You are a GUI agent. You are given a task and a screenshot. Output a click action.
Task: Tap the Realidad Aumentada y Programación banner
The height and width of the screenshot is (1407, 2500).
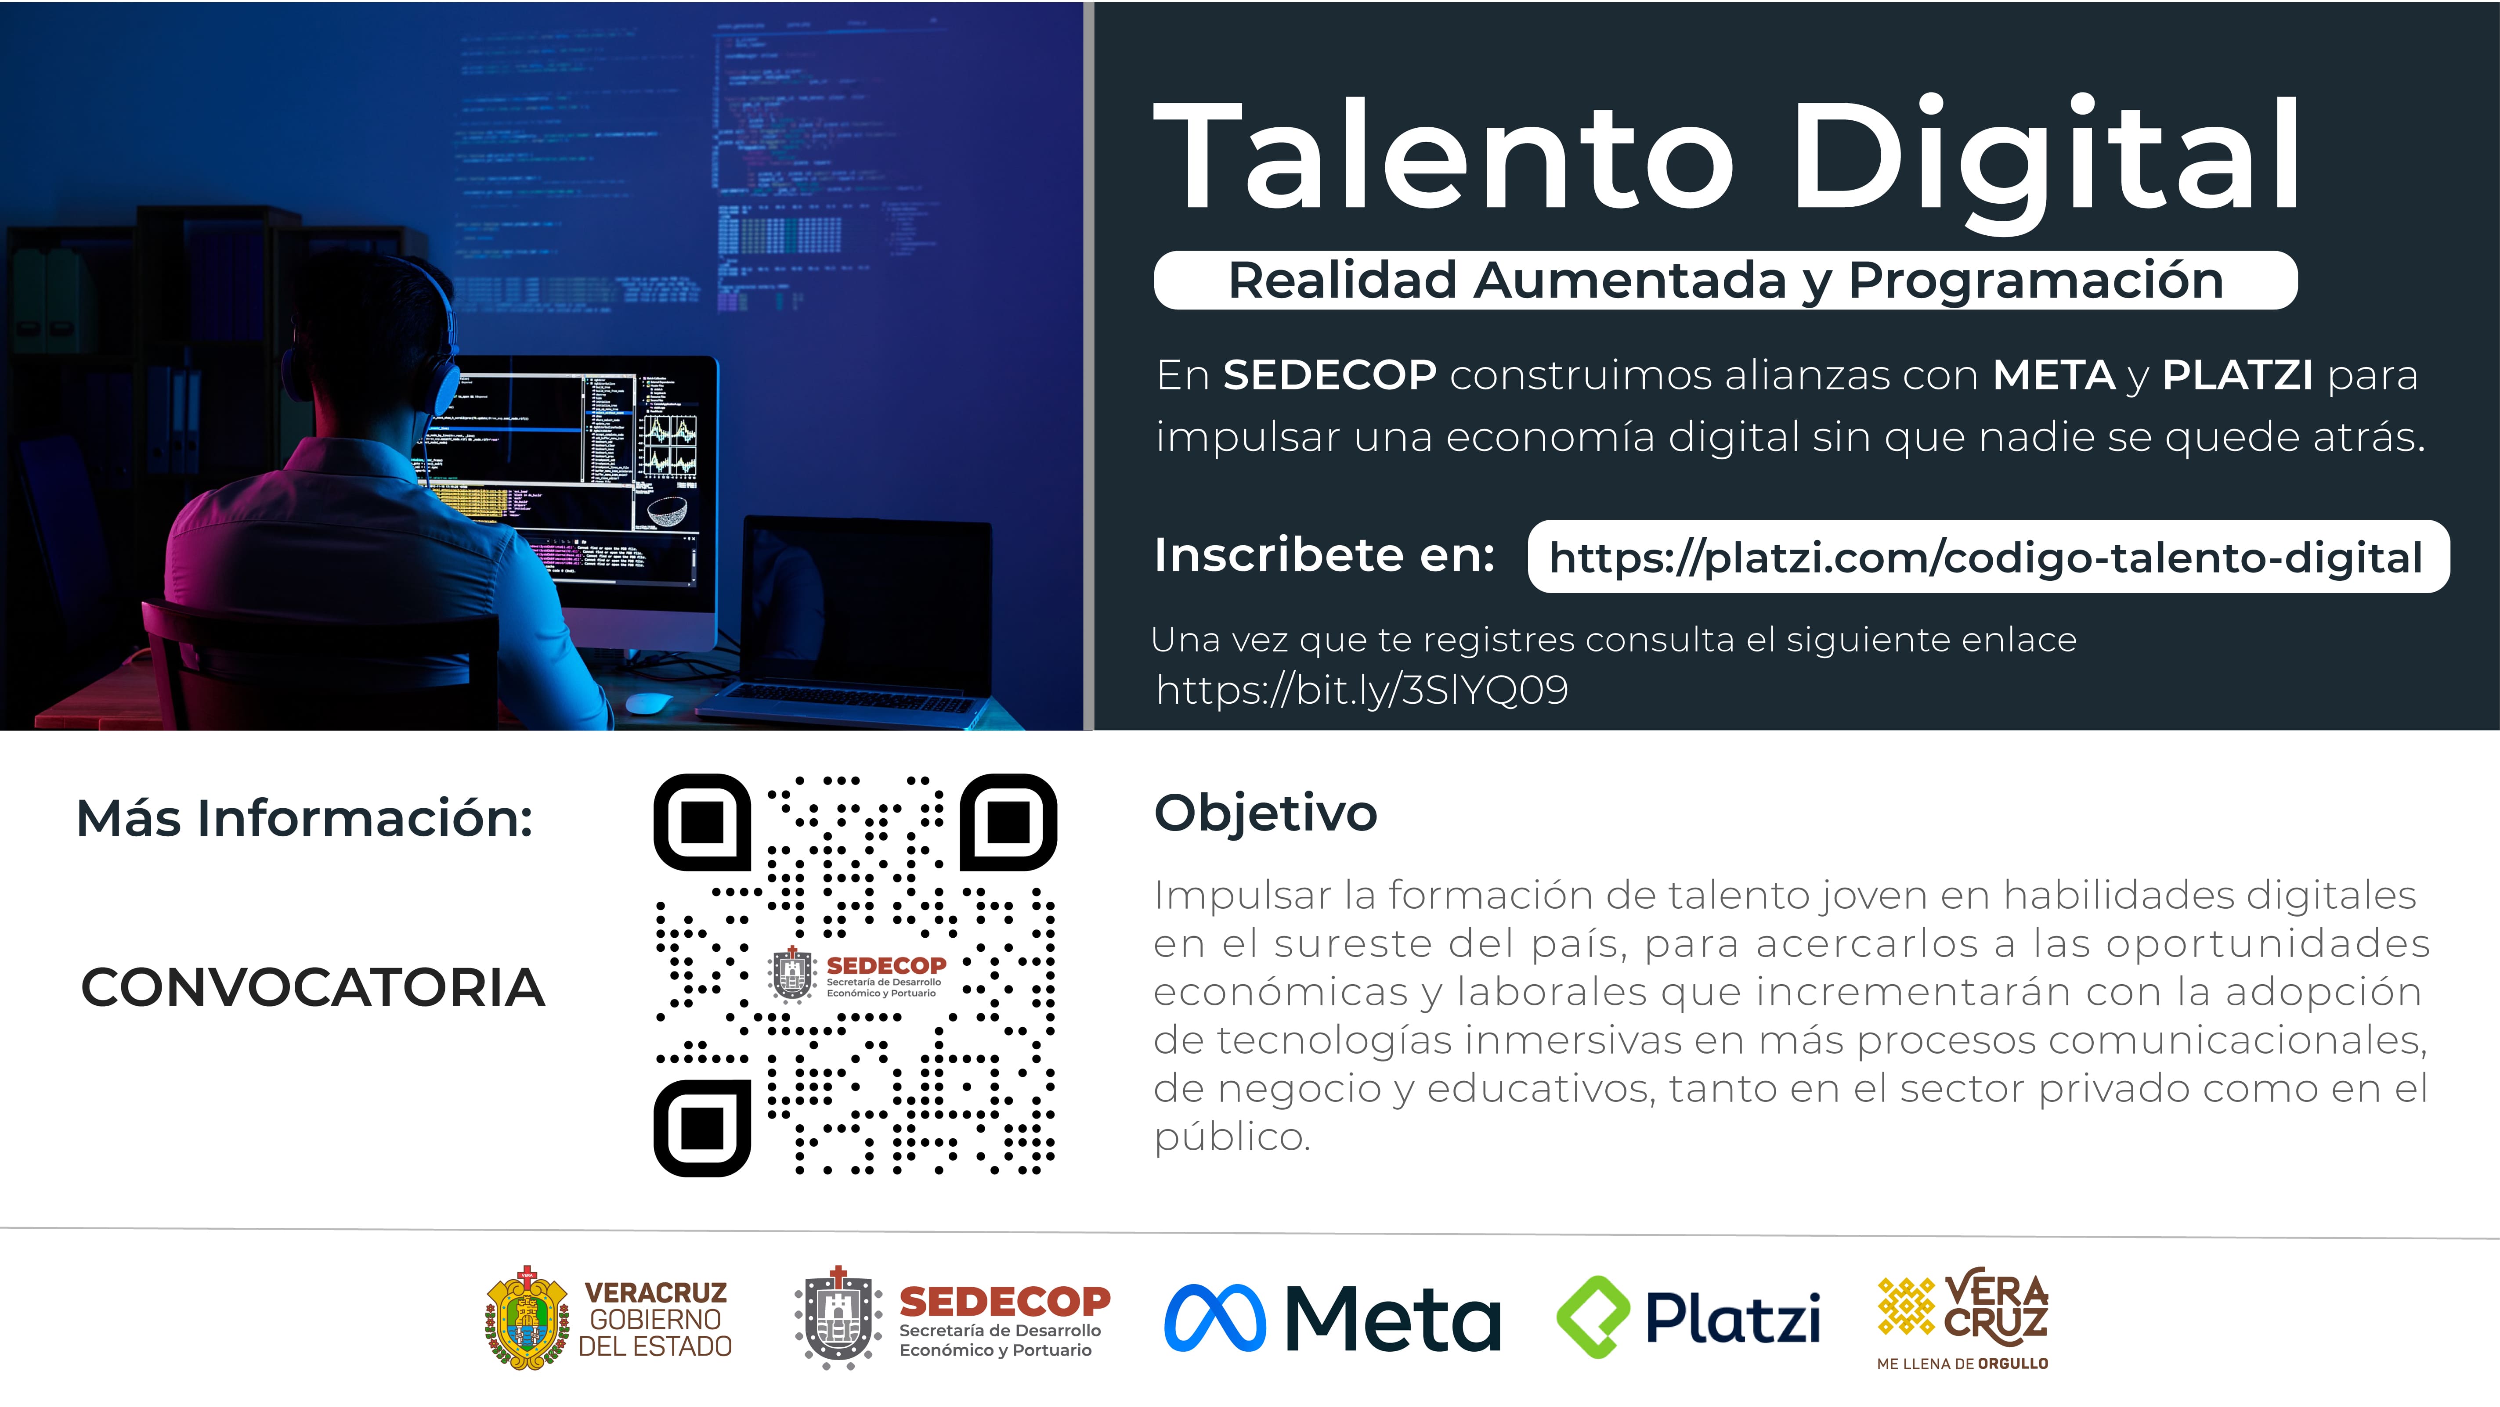pyautogui.click(x=1726, y=281)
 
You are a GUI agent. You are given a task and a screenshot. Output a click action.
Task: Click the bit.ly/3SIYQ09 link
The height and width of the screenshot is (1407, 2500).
pyautogui.click(x=1362, y=690)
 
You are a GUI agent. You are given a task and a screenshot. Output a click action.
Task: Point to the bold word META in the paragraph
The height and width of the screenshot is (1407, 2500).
pyautogui.click(x=2054, y=374)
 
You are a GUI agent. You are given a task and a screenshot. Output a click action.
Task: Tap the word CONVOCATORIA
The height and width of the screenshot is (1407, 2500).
pyautogui.click(x=313, y=988)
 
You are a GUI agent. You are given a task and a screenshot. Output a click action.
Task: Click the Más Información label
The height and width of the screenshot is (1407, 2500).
pyautogui.click(x=305, y=818)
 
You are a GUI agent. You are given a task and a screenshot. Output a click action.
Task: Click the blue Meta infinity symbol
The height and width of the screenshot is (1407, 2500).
pyautogui.click(x=1215, y=1318)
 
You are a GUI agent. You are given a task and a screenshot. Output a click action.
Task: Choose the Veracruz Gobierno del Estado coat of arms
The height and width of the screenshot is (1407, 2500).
pyautogui.click(x=526, y=1318)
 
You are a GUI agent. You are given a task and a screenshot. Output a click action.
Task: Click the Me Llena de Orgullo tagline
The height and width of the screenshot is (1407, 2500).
pyautogui.click(x=1962, y=1364)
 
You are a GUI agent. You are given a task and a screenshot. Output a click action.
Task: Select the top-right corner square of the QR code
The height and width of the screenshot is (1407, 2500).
pyautogui.click(x=1008, y=822)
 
